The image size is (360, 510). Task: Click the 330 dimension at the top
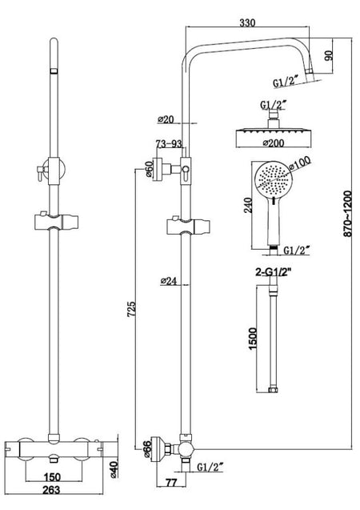tap(247, 22)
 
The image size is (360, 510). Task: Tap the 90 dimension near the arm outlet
tap(329, 55)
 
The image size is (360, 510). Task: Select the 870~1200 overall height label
tap(348, 214)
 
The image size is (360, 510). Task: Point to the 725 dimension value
tap(131, 309)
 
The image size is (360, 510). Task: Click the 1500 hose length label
tap(253, 339)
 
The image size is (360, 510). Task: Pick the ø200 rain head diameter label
tap(274, 143)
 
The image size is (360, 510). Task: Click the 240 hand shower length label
tap(247, 205)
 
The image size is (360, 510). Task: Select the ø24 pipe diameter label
tap(169, 281)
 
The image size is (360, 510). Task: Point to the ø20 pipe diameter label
tap(166, 119)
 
